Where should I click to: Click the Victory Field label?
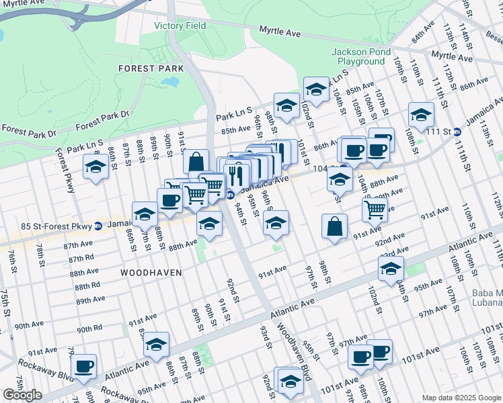click(x=180, y=26)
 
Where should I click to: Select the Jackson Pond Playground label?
click(x=358, y=57)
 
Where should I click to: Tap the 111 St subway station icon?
click(x=457, y=132)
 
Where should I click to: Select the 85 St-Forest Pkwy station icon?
click(x=98, y=225)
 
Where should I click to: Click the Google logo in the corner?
click(x=22, y=395)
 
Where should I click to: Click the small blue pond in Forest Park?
click(x=169, y=83)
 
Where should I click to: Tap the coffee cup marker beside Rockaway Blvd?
click(x=84, y=366)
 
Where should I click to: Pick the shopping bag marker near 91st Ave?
click(x=334, y=226)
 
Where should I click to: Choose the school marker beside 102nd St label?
click(x=315, y=89)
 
